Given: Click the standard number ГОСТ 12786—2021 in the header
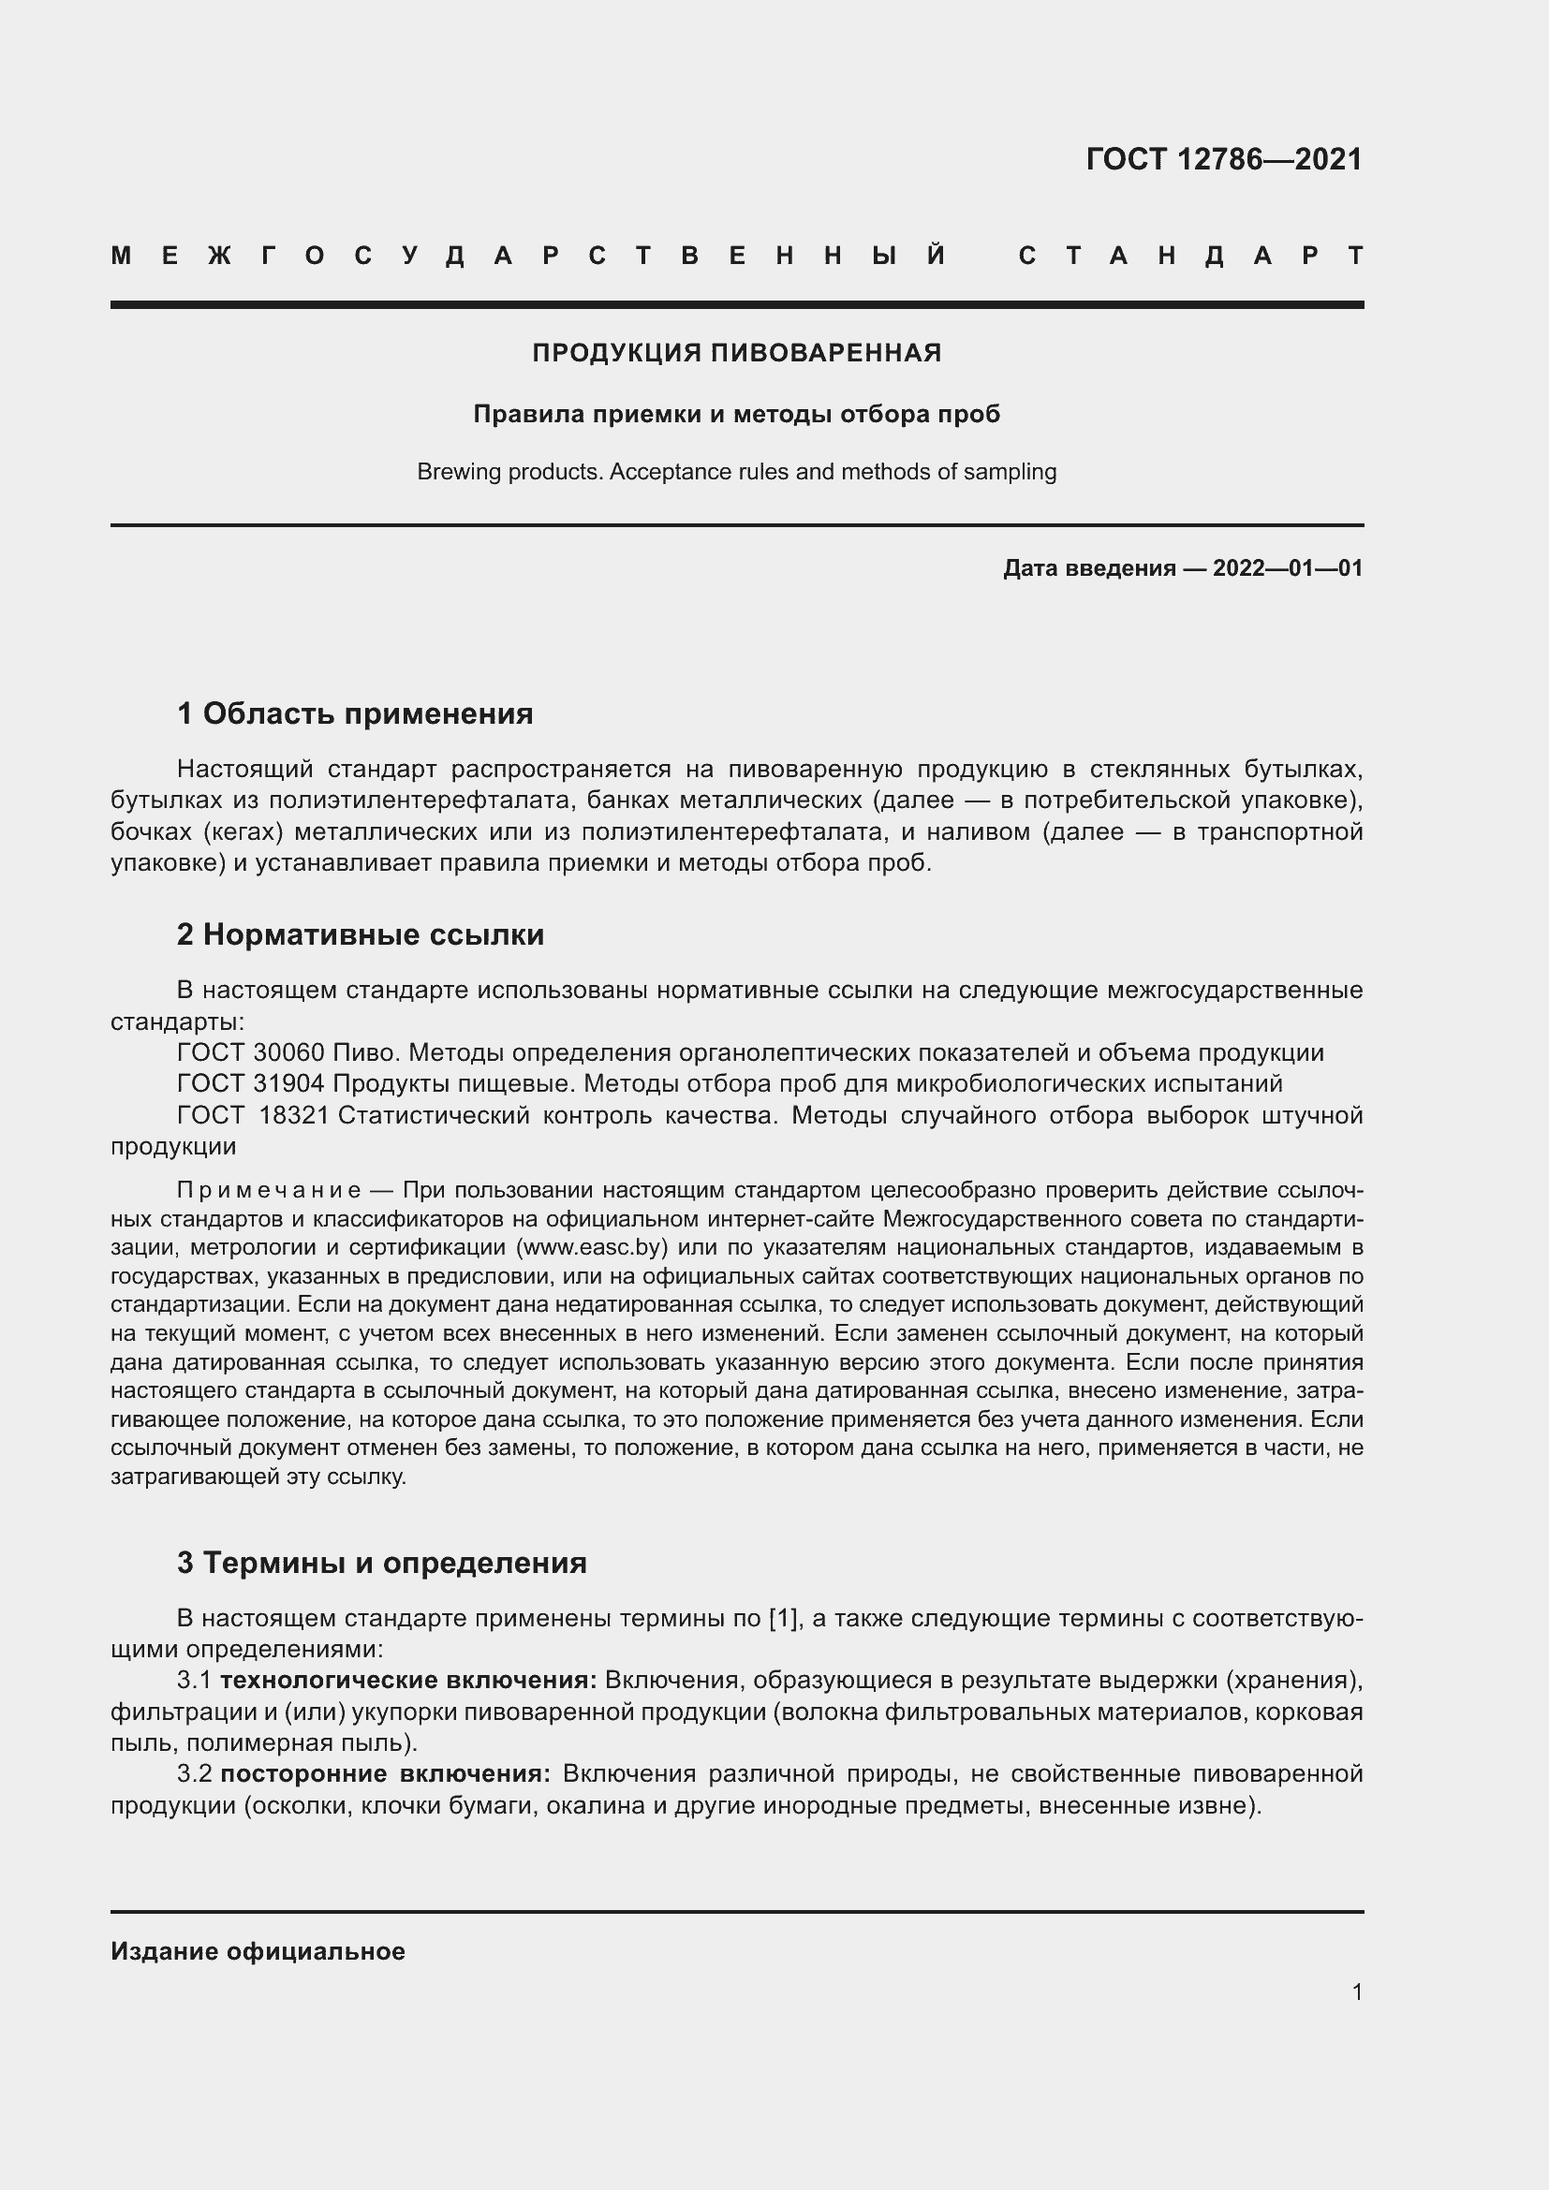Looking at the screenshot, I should click(x=1224, y=159).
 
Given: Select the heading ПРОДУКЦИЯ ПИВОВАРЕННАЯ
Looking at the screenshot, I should click(x=736, y=353).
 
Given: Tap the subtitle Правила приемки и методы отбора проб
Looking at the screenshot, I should click(x=736, y=414).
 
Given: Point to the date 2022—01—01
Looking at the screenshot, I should click(x=1288, y=568).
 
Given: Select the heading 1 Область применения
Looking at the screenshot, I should click(x=355, y=713).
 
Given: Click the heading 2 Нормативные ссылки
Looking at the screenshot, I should click(x=361, y=934).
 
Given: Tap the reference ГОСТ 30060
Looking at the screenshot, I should click(x=250, y=1053).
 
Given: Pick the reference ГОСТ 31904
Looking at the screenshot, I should click(x=250, y=1083).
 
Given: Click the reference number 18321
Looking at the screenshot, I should click(x=294, y=1115).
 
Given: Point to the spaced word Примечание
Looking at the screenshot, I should click(x=269, y=1190).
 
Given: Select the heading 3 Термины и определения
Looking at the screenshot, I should click(x=381, y=1563).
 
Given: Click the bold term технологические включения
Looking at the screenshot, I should click(x=408, y=1680).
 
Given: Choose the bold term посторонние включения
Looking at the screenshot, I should click(x=385, y=1774).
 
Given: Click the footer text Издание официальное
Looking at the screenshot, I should click(x=258, y=1951).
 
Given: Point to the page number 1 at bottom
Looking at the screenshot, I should click(x=1357, y=1992).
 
